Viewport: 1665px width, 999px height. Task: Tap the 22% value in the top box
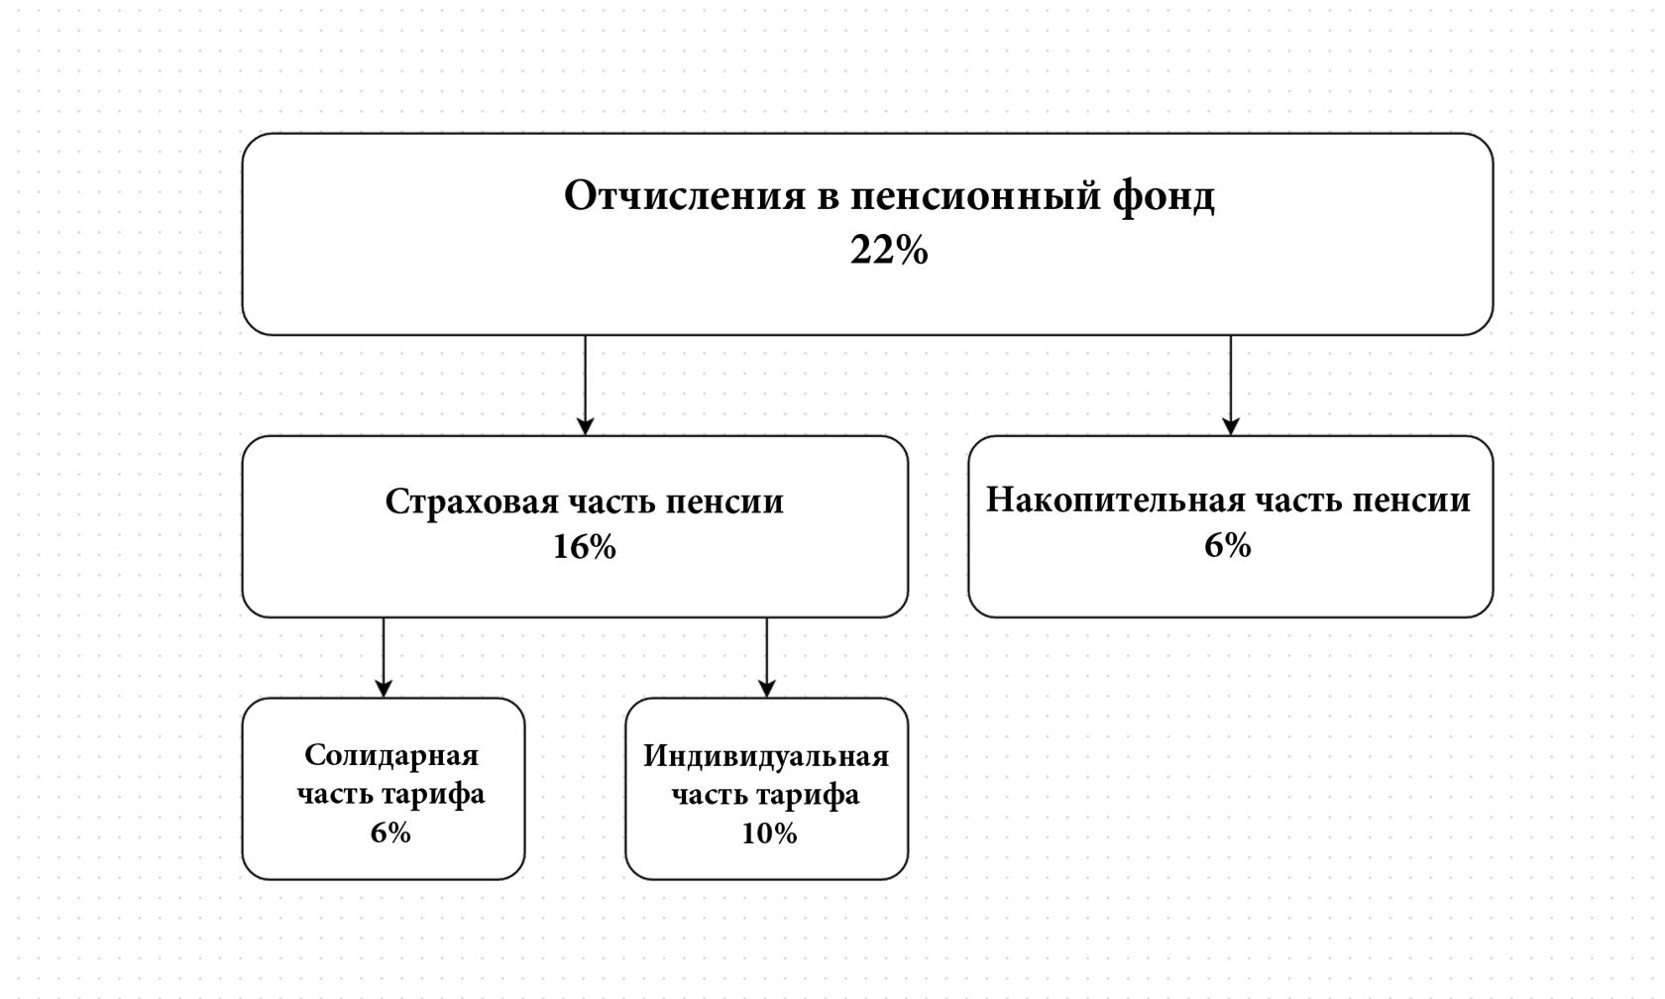pyautogui.click(x=889, y=250)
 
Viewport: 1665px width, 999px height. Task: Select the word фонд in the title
pyautogui.click(x=1163, y=196)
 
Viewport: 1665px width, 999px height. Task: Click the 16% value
pyautogui.click(x=585, y=547)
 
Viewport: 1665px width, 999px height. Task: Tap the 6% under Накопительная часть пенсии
pyautogui.click(x=1228, y=545)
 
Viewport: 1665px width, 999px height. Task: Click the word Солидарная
pyautogui.click(x=390, y=756)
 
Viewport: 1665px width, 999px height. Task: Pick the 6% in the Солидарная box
pyautogui.click(x=390, y=832)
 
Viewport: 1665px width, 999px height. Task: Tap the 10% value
pyautogui.click(x=769, y=833)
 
